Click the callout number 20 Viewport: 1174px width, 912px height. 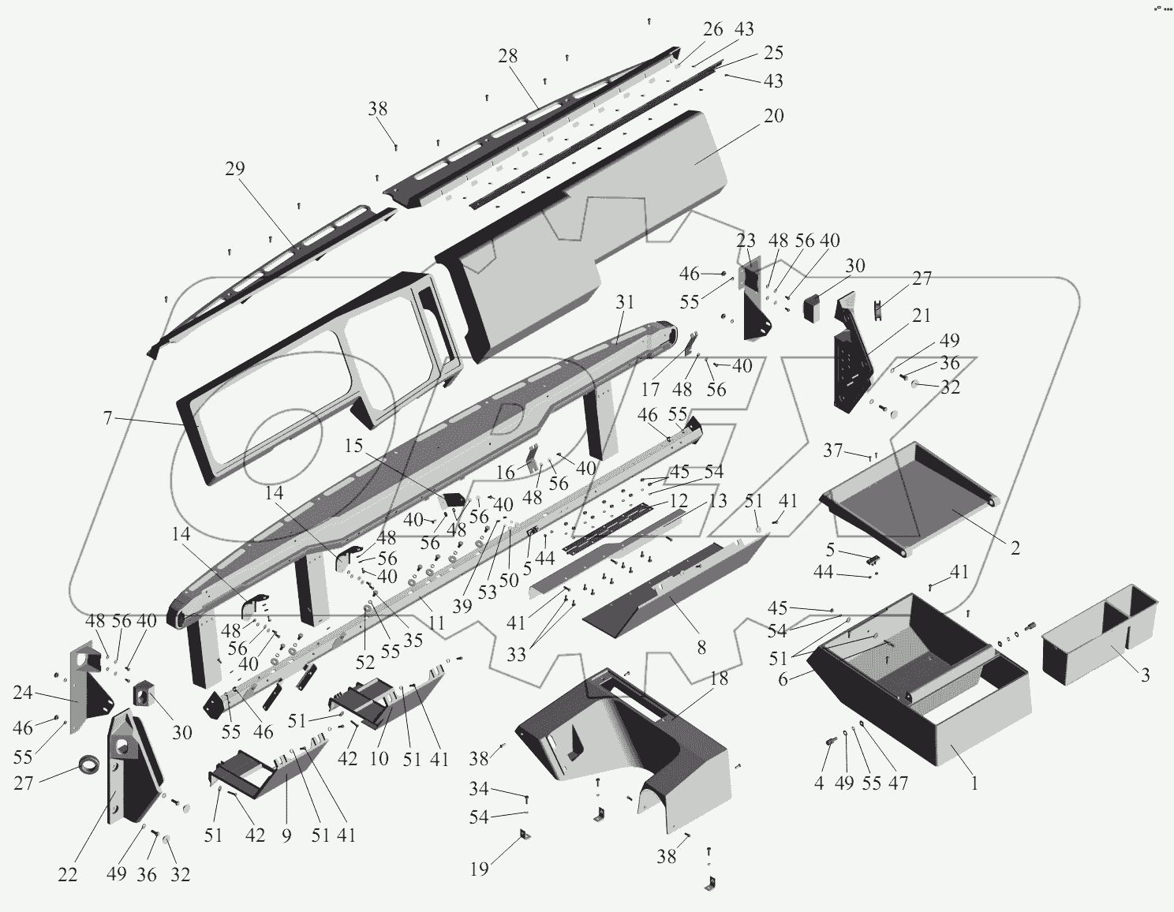tap(773, 116)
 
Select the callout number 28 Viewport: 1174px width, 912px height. tap(508, 56)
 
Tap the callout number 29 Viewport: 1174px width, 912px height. tap(234, 169)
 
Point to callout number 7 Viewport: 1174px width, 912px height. tap(108, 418)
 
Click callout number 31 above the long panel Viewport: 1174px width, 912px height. tap(625, 301)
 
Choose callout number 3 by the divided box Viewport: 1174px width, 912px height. tap(1145, 675)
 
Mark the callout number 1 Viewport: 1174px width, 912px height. tap(975, 783)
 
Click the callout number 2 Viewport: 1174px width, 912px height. tap(1015, 548)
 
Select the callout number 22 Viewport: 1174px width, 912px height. tap(68, 875)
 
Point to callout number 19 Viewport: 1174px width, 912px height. tap(480, 869)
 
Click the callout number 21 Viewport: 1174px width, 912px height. tap(922, 316)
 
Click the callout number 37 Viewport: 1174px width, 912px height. tap(832, 450)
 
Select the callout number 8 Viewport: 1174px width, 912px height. tap(701, 648)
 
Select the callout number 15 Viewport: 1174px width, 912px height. tap(353, 446)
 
